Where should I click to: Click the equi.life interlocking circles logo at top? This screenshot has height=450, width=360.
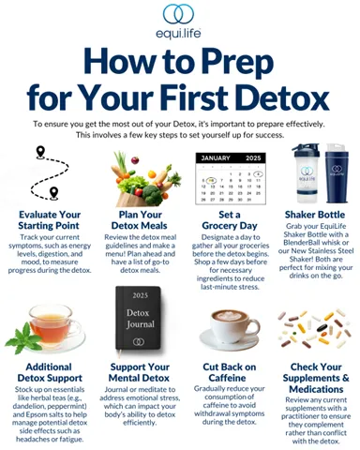coord(178,14)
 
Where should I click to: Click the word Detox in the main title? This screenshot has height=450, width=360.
coord(285,97)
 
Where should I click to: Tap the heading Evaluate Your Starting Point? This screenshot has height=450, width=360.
coord(49,220)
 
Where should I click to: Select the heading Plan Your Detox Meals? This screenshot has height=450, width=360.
coord(140,220)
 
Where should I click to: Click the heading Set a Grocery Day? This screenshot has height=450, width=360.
coord(230,220)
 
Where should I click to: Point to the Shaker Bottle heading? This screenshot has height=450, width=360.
coord(315,215)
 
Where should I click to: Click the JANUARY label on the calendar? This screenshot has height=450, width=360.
coord(216,158)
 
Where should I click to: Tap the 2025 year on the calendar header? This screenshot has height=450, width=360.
coord(253,158)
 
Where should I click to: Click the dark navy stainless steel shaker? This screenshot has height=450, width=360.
coord(337,173)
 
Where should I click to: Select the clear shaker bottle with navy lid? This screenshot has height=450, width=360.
coord(306,173)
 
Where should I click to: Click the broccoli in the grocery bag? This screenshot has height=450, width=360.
coord(152,194)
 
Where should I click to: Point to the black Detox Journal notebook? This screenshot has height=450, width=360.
coord(139,318)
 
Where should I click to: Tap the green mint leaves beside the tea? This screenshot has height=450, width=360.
coord(22,338)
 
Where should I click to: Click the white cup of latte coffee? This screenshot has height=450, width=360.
coord(231,328)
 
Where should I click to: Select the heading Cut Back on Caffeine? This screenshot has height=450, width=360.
coord(229,372)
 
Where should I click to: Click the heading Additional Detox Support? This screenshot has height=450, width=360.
coord(50,372)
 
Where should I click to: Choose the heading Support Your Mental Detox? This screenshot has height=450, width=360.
coord(140,372)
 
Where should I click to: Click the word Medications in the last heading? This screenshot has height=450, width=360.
coord(316,389)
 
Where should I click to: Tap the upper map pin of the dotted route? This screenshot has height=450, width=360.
coord(40,152)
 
